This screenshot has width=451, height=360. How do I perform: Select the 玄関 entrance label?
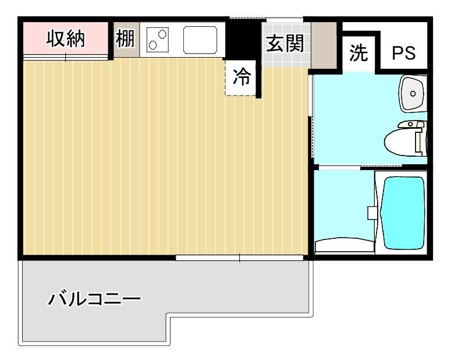(285, 44)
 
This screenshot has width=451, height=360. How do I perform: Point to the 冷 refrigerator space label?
(242, 77)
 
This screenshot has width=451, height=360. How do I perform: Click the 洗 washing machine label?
(358, 53)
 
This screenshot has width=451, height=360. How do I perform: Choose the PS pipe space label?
(404, 53)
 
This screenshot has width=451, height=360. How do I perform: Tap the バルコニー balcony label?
(94, 298)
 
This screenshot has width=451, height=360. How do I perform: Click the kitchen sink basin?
(200, 40)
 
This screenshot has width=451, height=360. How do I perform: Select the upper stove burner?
(162, 34)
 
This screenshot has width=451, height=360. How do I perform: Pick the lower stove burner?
(152, 45)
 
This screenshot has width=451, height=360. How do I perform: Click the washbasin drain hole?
(413, 93)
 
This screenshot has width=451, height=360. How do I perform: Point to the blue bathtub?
(403, 213)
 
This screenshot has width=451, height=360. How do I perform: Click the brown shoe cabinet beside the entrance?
(324, 45)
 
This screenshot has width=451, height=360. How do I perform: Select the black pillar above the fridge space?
(243, 40)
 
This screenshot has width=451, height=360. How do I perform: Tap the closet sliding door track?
(66, 57)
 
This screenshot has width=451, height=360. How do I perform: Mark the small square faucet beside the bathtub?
(372, 213)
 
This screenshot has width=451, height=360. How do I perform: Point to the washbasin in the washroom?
(413, 93)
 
